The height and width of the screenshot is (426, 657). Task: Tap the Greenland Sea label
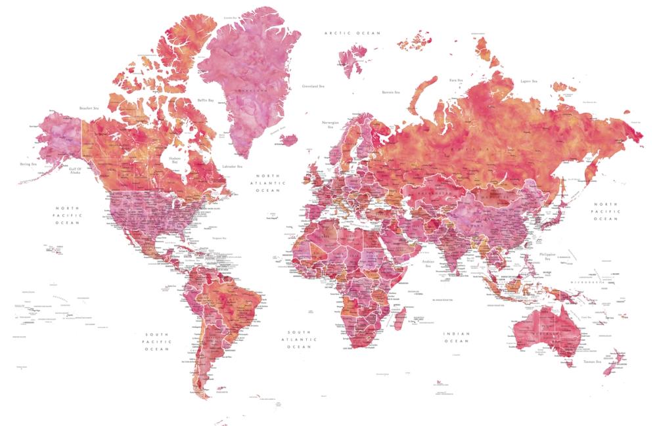pos(313,86)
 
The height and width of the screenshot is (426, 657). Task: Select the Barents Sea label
pos(392,93)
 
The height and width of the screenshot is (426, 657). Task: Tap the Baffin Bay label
pos(206,100)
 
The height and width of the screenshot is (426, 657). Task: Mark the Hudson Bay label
pos(174,160)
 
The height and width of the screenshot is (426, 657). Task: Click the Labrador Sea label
pos(232,167)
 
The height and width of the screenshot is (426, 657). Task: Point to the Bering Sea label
pos(27,164)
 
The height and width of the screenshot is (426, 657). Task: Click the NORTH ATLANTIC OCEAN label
pos(268,183)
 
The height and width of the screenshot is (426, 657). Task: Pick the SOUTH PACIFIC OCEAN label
pos(158,341)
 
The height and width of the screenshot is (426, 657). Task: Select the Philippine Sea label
pos(547,255)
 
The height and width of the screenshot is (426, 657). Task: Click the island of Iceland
pos(289,139)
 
